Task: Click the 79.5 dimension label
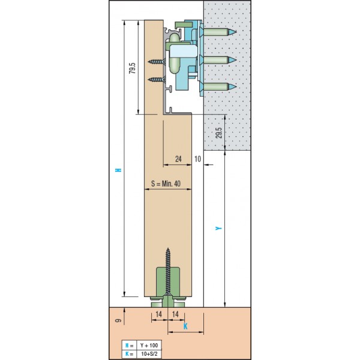coord(132,68)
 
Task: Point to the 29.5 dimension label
coord(219,133)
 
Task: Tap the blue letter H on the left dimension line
coord(118,170)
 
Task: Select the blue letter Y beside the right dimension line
coord(218,228)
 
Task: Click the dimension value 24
coord(178,159)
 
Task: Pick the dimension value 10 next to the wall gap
coord(197,159)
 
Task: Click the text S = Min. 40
coord(166,184)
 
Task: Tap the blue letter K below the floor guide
coord(185,326)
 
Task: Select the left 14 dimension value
coord(158,314)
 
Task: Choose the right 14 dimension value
coord(175,314)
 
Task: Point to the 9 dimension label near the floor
coord(118,320)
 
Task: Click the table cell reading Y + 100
coord(149,346)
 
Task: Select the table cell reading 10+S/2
coord(149,354)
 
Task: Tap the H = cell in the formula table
coord(129,346)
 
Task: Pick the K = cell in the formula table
coord(129,354)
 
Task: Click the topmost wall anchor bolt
coord(220,32)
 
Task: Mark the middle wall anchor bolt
coord(220,61)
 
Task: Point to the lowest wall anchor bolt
coord(220,87)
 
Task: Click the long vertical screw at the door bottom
coord(168,272)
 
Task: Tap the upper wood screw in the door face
coord(157,62)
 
